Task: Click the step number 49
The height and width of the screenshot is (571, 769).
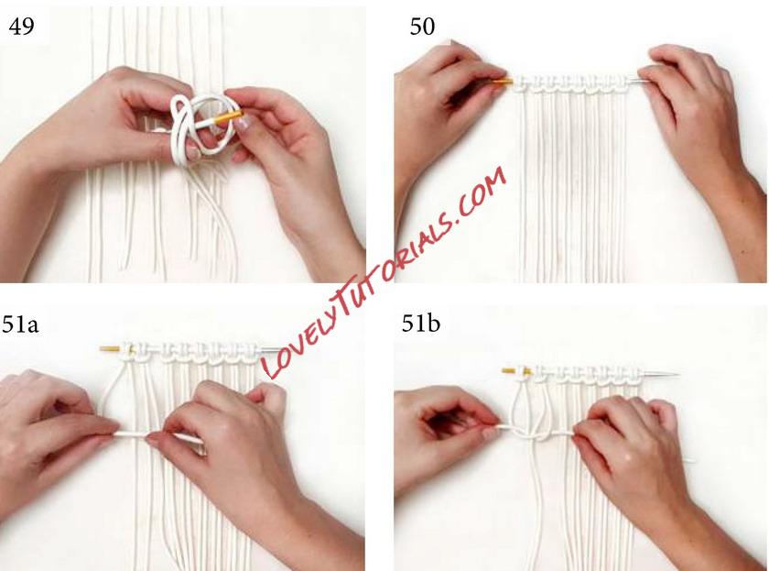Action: [x=22, y=26]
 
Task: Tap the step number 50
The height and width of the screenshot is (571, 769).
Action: [x=422, y=26]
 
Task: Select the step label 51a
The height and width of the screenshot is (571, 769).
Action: [x=20, y=324]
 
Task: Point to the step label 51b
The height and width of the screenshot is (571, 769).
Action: [x=421, y=324]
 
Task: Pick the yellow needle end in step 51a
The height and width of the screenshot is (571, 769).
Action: [x=110, y=349]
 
